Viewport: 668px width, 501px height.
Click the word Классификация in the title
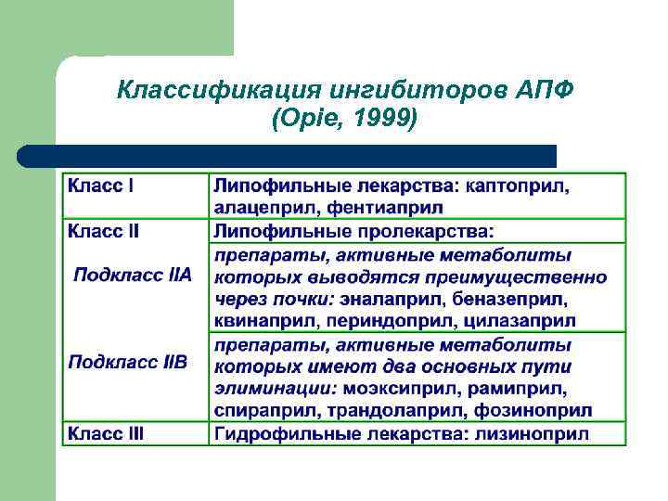click(x=212, y=91)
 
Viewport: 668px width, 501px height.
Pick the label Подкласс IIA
click(x=133, y=275)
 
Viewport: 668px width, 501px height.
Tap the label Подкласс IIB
click(x=128, y=361)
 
